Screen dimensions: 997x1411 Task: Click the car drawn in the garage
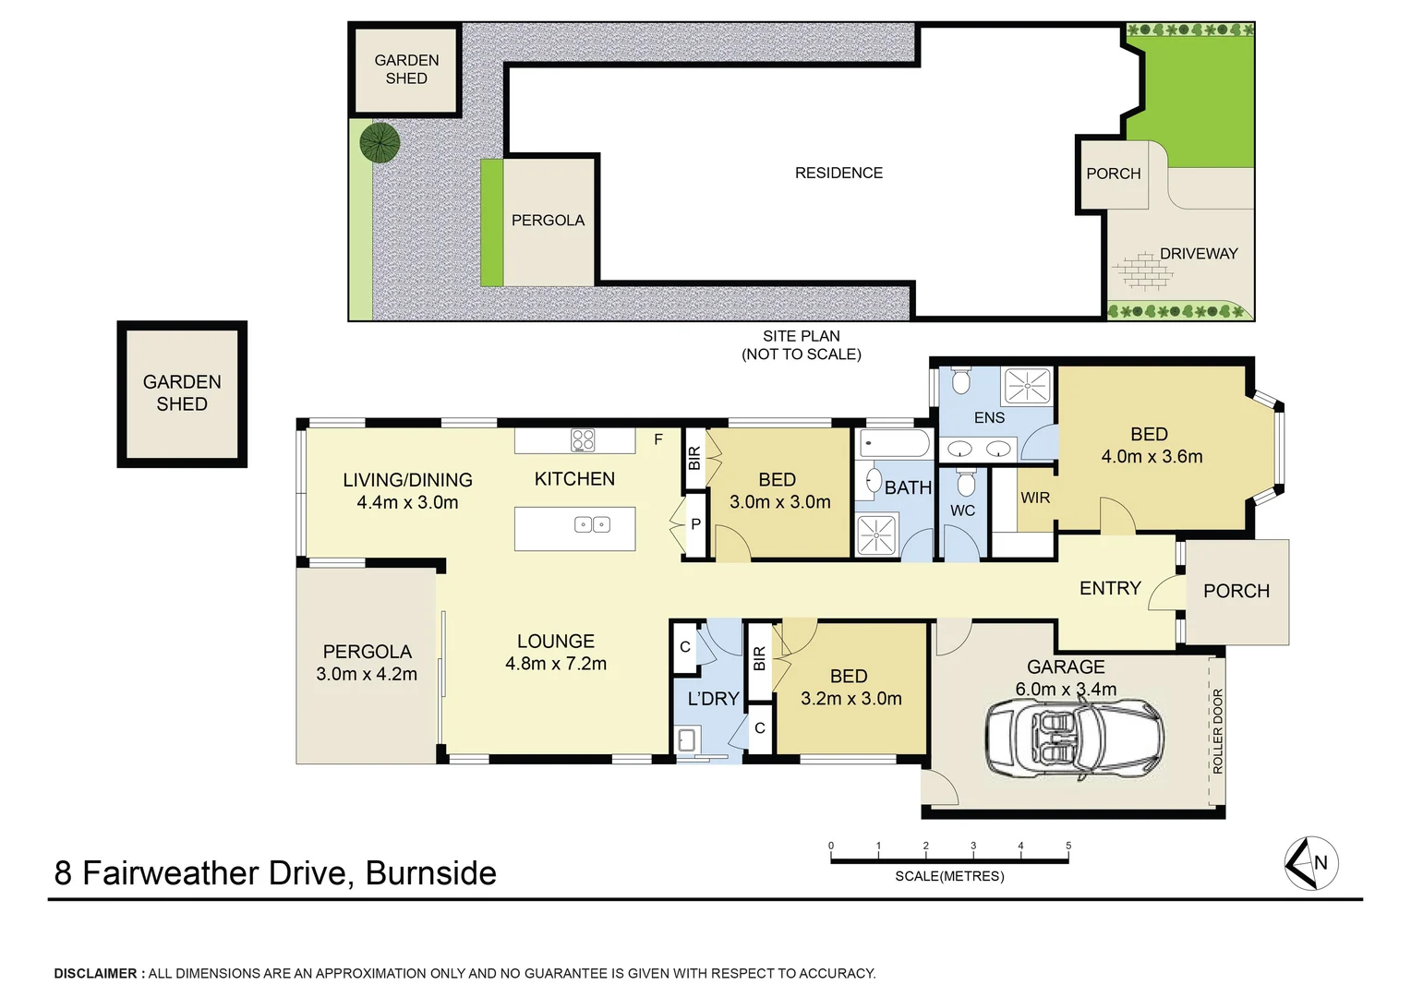point(1074,738)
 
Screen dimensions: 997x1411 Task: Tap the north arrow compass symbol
point(1311,863)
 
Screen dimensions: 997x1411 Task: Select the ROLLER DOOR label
point(1217,731)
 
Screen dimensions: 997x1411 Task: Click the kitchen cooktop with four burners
point(583,440)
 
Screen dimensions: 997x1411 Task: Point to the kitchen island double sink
point(592,524)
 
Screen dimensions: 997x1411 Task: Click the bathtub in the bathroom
point(895,444)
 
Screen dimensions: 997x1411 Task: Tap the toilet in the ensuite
point(961,380)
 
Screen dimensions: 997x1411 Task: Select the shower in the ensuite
point(1027,386)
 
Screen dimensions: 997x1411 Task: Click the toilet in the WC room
point(966,483)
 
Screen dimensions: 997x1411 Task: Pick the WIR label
point(1035,498)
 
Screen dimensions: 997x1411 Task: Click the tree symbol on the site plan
point(380,142)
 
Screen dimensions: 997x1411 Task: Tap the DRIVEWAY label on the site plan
point(1198,254)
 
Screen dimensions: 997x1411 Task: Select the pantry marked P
point(695,524)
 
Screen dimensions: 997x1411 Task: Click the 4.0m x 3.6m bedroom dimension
point(1152,456)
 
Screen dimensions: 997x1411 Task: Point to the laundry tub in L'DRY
point(686,739)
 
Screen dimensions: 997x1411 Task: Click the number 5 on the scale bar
point(1068,846)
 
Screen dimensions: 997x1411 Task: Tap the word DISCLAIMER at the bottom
point(95,973)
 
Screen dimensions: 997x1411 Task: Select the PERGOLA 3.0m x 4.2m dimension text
point(367,674)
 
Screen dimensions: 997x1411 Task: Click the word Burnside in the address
point(430,873)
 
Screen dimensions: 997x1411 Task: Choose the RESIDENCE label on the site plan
point(838,173)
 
